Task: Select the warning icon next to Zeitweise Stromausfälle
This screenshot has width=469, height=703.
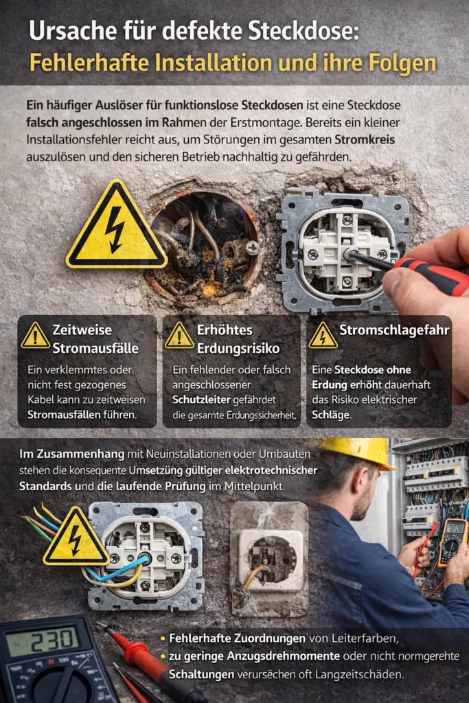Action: pos(34,336)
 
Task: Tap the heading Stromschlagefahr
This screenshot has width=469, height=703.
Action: pos(394,330)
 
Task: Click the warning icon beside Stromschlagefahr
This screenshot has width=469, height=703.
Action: pos(322,336)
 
